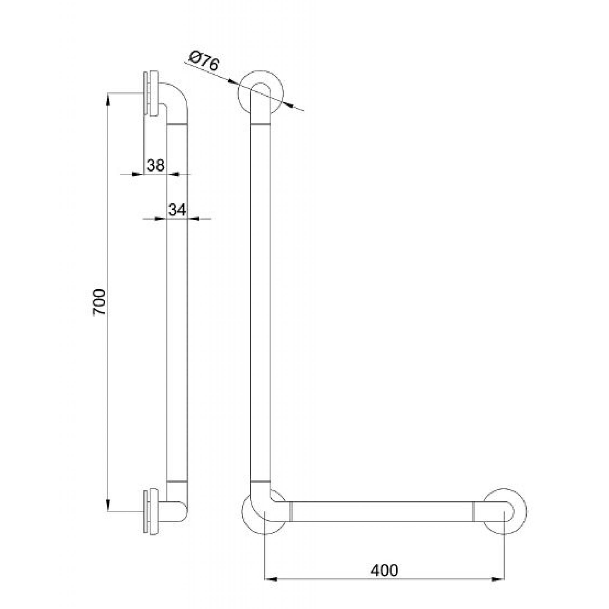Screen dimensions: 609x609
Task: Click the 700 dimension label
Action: [x=100, y=302]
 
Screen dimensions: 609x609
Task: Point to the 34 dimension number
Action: [x=177, y=210]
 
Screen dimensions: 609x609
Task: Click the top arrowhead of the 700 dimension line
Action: [x=108, y=100]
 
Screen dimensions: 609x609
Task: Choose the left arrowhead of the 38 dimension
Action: [x=136, y=174]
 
